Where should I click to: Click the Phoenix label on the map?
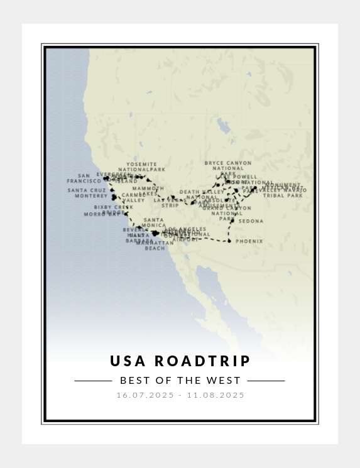point(249,241)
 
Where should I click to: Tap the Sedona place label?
point(251,221)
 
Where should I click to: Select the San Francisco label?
point(84,178)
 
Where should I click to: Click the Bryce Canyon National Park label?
point(228,166)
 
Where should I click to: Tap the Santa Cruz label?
point(87,190)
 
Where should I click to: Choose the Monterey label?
point(91,196)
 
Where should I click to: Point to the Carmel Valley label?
point(133,198)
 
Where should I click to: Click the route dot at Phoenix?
point(229,241)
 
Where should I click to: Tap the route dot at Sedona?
point(232,221)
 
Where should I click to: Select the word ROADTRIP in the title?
point(202,361)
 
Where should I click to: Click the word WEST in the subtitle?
point(226,381)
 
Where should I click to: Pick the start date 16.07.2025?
point(145,395)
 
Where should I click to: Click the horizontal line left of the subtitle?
point(93,381)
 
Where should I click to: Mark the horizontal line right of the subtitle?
point(266,381)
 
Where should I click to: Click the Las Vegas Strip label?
point(170,202)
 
